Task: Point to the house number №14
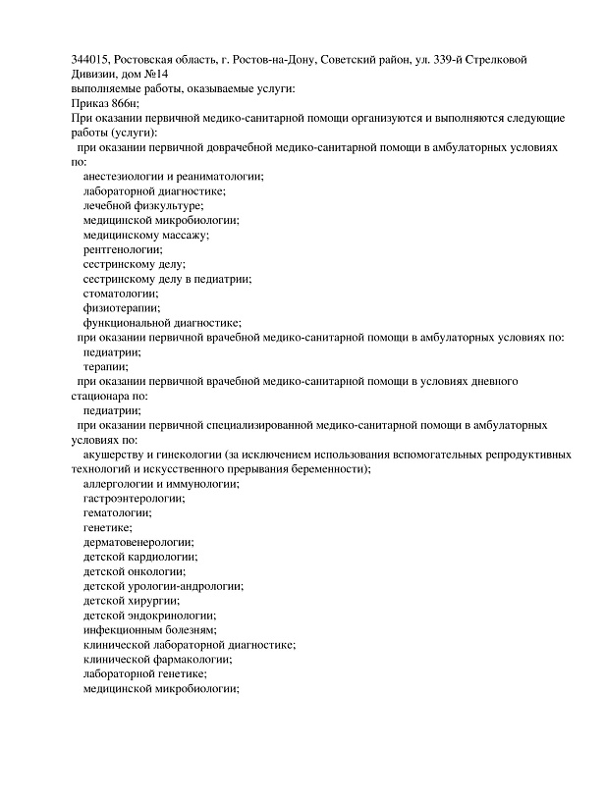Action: click(x=154, y=75)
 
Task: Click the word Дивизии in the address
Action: click(x=94, y=75)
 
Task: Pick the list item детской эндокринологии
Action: click(x=150, y=615)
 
